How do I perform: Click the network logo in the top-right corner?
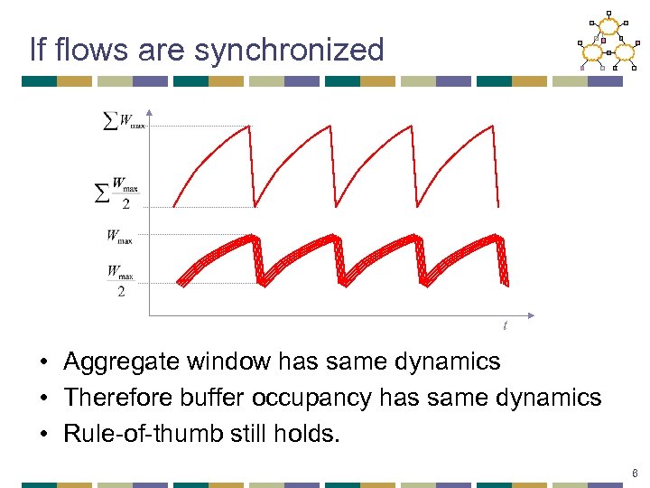click(607, 41)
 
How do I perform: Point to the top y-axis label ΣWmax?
click(124, 122)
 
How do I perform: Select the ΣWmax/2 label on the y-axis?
click(118, 192)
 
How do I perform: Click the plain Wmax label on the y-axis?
click(119, 237)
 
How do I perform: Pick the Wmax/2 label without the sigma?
click(120, 280)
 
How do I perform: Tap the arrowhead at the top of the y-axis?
click(149, 114)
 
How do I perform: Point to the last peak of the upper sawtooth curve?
click(493, 126)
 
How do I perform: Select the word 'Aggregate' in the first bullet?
click(122, 362)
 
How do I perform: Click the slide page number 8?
click(636, 473)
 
